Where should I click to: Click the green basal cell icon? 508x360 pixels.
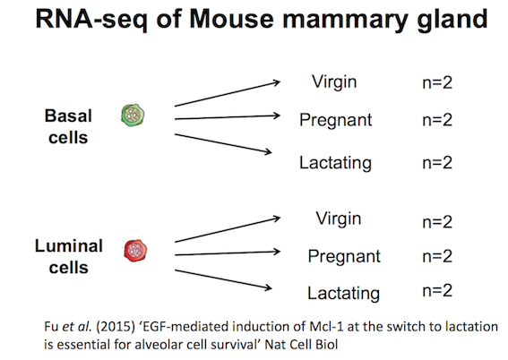(x=133, y=116)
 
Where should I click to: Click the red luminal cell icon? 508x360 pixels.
(x=135, y=251)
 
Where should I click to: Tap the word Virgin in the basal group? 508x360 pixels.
(x=334, y=82)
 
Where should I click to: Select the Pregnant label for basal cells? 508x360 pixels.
(x=335, y=121)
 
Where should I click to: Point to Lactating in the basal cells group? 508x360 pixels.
(x=335, y=163)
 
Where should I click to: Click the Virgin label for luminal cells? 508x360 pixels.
(x=339, y=219)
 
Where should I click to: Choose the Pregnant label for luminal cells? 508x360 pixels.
(x=344, y=257)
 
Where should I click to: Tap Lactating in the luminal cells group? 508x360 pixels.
(x=343, y=294)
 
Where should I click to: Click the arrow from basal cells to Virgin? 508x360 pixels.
(x=227, y=94)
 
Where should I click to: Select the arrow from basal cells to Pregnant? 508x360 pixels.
(x=227, y=117)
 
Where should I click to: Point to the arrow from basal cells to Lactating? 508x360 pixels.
(x=223, y=143)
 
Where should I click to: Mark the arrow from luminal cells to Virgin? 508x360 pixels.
(x=227, y=230)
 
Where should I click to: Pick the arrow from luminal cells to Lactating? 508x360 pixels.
(x=223, y=279)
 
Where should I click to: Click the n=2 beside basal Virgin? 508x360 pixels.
(x=437, y=83)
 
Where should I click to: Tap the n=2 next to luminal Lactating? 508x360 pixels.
(x=437, y=290)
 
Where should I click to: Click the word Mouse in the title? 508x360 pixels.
(x=232, y=19)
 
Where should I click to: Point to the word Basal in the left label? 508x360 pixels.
(x=68, y=116)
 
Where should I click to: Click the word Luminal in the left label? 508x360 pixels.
(x=69, y=245)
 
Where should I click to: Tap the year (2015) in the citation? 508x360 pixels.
(x=116, y=326)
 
